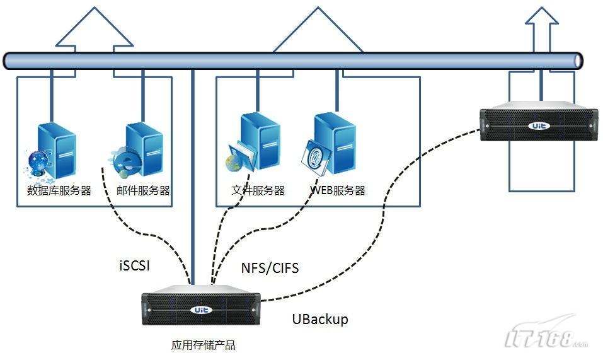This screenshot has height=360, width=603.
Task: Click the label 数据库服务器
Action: [x=59, y=190]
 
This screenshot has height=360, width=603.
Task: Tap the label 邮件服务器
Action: [x=143, y=190]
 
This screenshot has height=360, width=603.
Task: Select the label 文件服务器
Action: [x=258, y=190]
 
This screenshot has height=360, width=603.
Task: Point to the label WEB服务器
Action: [x=338, y=190]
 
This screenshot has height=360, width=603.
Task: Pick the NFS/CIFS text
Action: [x=270, y=268]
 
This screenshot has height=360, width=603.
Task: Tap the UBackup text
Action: [x=319, y=319]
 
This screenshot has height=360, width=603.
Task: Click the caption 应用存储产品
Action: [x=203, y=345]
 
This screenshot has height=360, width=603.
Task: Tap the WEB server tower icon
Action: [x=335, y=142]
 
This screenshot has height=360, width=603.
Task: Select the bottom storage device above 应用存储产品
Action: [x=201, y=308]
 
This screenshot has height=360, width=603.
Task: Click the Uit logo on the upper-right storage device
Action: [x=539, y=125]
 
